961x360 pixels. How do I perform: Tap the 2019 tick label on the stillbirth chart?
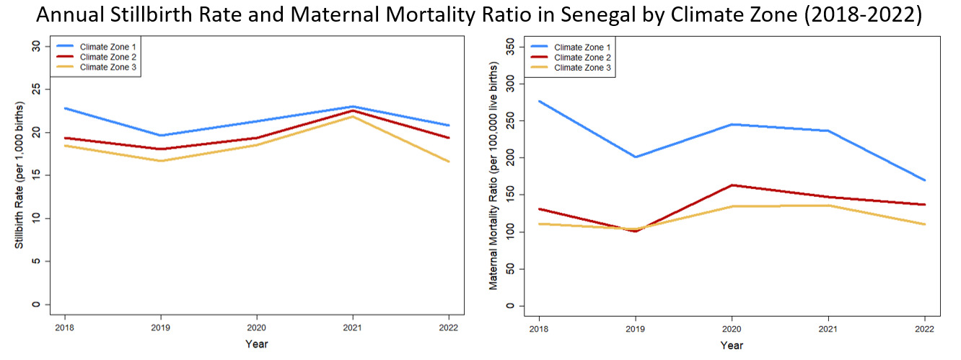(160, 328)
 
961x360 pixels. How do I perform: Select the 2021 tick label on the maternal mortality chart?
(828, 329)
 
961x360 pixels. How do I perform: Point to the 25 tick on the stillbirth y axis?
(36, 89)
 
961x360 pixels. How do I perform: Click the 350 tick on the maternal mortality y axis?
(510, 47)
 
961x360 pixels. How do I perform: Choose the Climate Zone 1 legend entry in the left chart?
(96, 47)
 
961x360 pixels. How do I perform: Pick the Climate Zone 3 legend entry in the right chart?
(571, 68)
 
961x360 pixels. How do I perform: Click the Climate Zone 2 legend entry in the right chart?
(571, 58)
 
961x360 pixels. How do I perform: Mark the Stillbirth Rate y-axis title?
(19, 175)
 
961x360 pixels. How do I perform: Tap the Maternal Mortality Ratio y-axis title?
(493, 176)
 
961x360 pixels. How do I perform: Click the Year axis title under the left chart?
(257, 343)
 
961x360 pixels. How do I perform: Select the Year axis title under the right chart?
(732, 345)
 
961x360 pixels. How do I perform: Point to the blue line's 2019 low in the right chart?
(636, 157)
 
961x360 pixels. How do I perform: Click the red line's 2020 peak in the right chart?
(732, 185)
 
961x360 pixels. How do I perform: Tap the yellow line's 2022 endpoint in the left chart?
(449, 162)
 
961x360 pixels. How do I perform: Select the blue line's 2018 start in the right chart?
(539, 101)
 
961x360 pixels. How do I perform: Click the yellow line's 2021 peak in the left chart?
(353, 116)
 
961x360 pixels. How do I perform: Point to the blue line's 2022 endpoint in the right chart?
(924, 180)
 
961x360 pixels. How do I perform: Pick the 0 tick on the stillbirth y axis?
(36, 304)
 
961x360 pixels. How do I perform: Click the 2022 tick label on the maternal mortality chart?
(924, 329)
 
